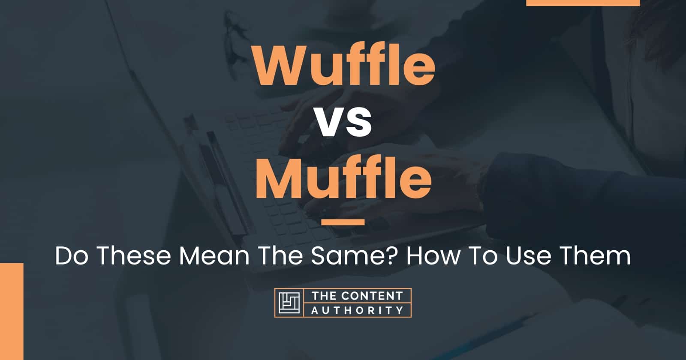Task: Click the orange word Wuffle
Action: point(344,67)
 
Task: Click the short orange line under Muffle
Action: point(343,222)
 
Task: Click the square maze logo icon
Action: point(289,303)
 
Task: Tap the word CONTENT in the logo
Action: point(370,296)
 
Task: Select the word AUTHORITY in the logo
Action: point(357,310)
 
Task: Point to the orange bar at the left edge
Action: point(11,311)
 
